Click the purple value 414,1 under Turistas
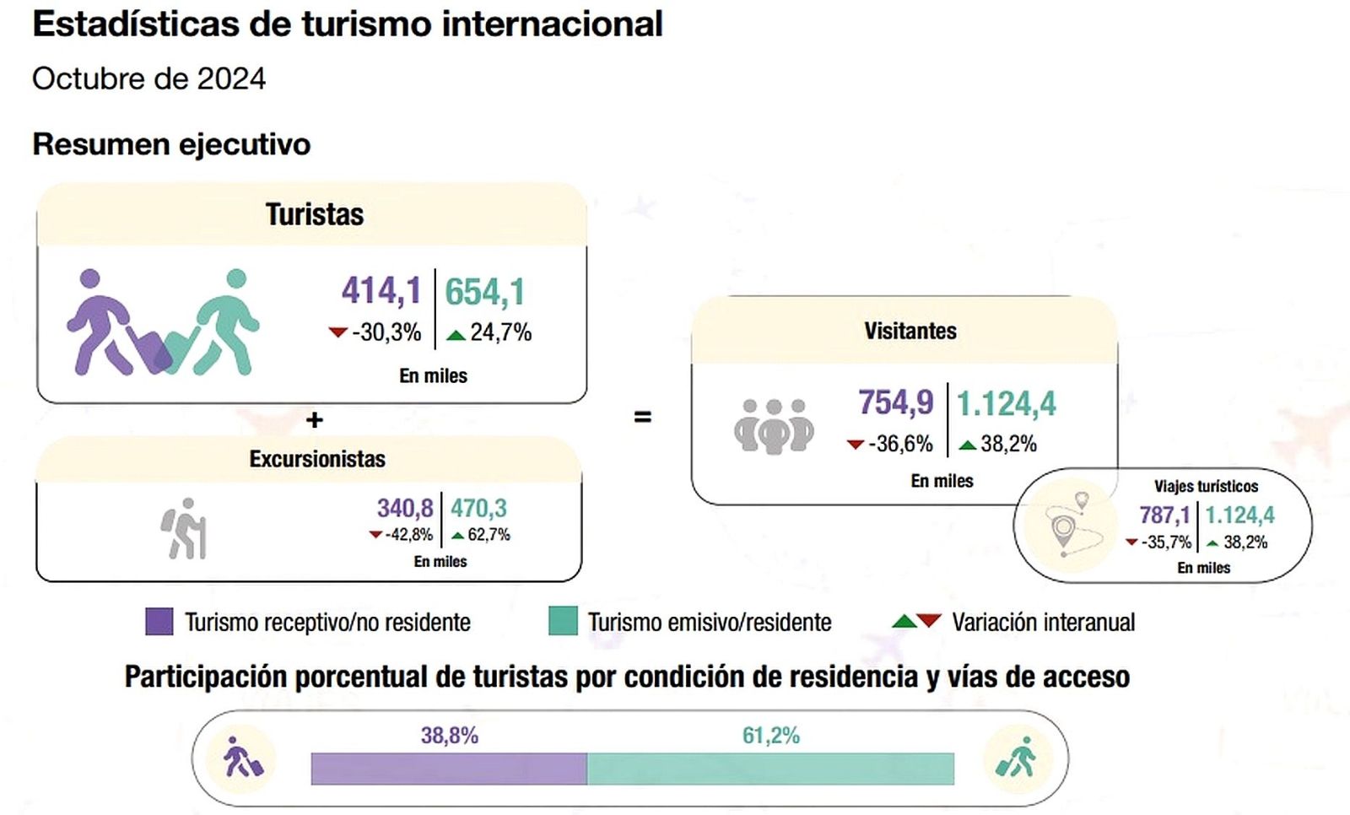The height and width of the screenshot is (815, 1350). [381, 291]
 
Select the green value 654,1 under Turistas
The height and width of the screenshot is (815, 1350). [484, 293]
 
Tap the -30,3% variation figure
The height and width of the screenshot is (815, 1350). [386, 332]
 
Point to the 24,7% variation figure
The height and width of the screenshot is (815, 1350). [499, 332]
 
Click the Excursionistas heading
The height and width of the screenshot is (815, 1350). [316, 459]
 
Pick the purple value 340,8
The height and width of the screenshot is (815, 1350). [404, 508]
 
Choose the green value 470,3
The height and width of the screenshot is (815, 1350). [478, 508]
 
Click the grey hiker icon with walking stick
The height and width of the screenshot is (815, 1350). [185, 529]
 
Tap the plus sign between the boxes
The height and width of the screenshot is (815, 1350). [314, 419]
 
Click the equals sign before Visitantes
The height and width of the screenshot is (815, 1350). [642, 417]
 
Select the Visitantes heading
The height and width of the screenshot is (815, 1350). [910, 331]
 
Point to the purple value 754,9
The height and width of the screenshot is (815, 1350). [895, 402]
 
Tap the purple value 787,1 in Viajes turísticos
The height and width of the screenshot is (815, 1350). [1164, 515]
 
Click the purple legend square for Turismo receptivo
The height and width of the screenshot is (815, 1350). [159, 622]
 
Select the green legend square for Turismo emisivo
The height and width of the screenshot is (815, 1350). [562, 622]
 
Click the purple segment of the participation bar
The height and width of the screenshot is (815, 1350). [449, 769]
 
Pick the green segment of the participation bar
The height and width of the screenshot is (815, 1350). [770, 769]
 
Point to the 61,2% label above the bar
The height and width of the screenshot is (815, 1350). [770, 736]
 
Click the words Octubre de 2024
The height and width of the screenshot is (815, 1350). [149, 78]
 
